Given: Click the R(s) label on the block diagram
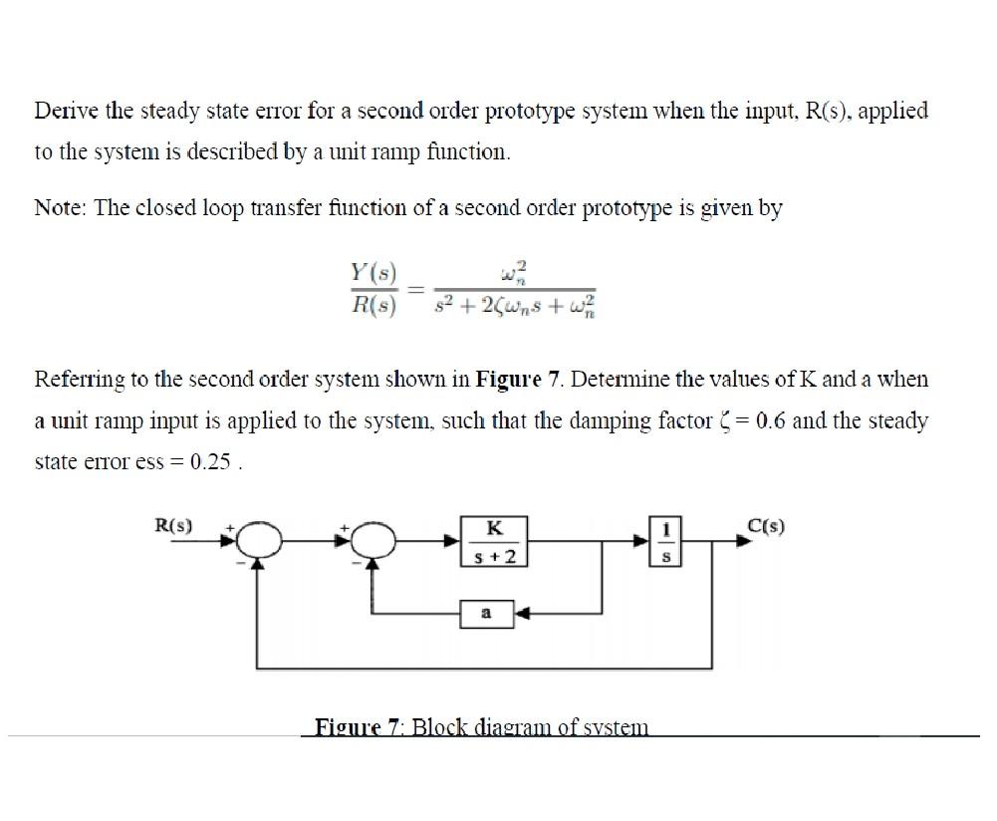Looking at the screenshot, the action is (x=175, y=524).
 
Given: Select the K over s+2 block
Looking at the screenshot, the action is (x=493, y=541).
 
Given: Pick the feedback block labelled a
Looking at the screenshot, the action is (x=487, y=614).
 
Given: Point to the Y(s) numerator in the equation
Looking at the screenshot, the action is (x=374, y=271).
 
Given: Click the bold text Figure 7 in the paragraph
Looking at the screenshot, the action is (x=511, y=380).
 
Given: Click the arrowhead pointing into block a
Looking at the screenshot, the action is (x=521, y=614).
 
